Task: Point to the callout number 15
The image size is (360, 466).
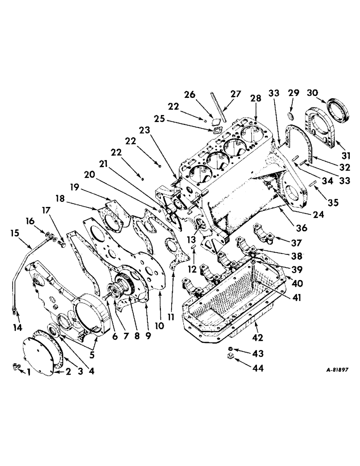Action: [x=16, y=232]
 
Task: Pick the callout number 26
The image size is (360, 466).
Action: [x=202, y=95]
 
